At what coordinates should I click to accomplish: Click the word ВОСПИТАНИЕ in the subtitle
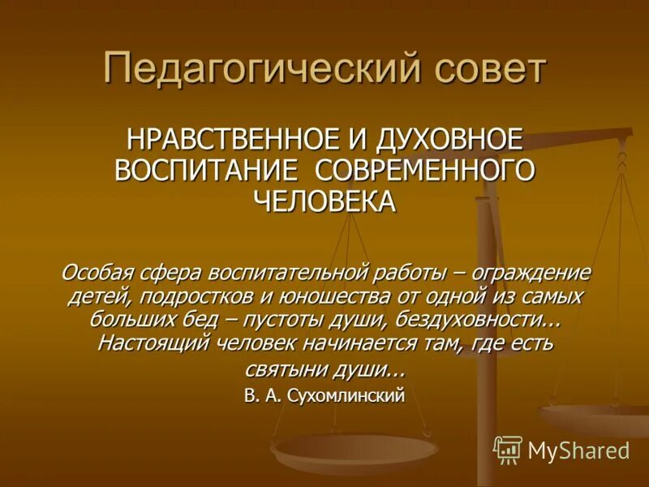[203, 170]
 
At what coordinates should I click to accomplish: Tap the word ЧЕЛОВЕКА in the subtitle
[324, 200]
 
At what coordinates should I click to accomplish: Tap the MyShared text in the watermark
[578, 450]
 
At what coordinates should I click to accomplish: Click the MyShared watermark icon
[507, 449]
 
